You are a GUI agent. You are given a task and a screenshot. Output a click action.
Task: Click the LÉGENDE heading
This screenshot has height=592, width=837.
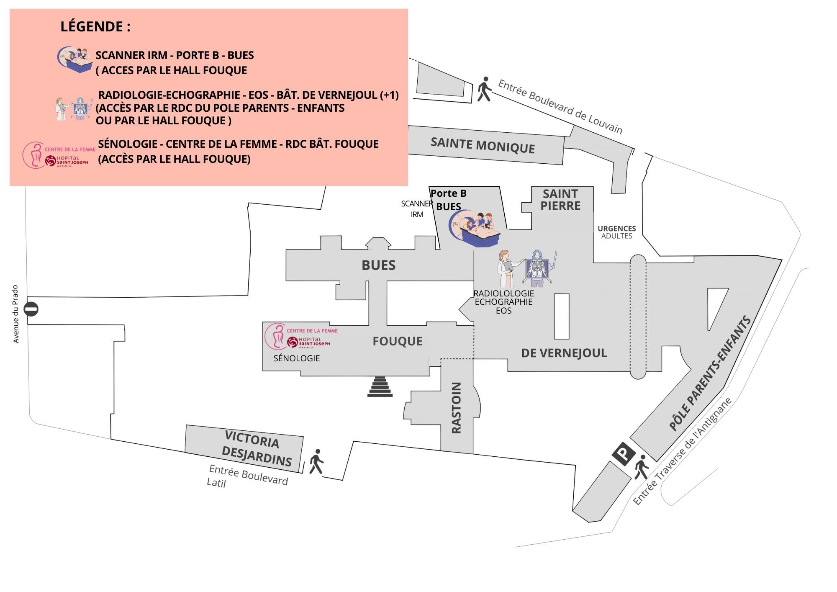(x=95, y=26)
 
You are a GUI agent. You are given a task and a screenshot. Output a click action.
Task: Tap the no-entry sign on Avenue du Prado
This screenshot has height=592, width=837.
(x=31, y=309)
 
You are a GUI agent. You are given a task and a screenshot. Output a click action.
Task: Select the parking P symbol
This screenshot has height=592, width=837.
(x=624, y=453)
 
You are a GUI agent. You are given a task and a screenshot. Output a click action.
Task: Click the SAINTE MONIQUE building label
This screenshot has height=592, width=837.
(x=483, y=145)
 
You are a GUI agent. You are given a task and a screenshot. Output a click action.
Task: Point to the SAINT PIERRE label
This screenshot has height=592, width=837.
(x=560, y=200)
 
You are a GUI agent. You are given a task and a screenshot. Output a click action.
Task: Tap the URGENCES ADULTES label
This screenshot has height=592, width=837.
(x=616, y=232)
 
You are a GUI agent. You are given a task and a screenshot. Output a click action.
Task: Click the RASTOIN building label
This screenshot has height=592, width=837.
(x=457, y=407)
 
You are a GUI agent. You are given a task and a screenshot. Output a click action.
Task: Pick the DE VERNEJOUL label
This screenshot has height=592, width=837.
(x=564, y=353)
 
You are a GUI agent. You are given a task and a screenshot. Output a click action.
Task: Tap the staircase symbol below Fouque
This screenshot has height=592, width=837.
(x=380, y=386)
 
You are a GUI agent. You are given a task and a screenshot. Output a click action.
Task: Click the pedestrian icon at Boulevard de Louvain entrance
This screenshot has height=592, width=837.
(x=484, y=89)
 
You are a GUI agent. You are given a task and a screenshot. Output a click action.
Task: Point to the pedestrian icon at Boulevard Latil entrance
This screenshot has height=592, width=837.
(x=316, y=462)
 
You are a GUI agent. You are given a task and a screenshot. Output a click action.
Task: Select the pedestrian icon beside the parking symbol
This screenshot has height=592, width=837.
(x=641, y=467)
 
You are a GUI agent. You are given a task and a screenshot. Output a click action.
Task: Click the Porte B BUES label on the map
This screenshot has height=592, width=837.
(x=448, y=200)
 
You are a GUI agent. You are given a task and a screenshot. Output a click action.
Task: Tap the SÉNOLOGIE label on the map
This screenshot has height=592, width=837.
(x=296, y=358)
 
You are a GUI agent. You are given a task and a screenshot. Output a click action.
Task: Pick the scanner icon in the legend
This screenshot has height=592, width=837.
(x=75, y=59)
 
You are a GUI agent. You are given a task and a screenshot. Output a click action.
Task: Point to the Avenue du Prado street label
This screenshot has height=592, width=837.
(x=16, y=314)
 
